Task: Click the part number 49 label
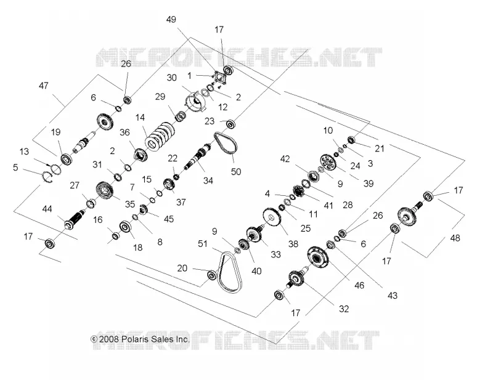(x=171, y=20)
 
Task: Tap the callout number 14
(x=140, y=118)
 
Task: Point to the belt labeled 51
(x=231, y=272)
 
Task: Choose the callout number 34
(x=208, y=180)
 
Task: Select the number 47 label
(x=44, y=86)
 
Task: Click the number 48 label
(x=455, y=238)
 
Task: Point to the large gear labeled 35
(x=105, y=191)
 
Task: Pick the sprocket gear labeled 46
(x=318, y=257)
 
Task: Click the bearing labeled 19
(x=67, y=158)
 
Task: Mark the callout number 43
(x=393, y=296)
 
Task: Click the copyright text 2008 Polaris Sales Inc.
(x=141, y=339)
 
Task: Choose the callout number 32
(x=344, y=309)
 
